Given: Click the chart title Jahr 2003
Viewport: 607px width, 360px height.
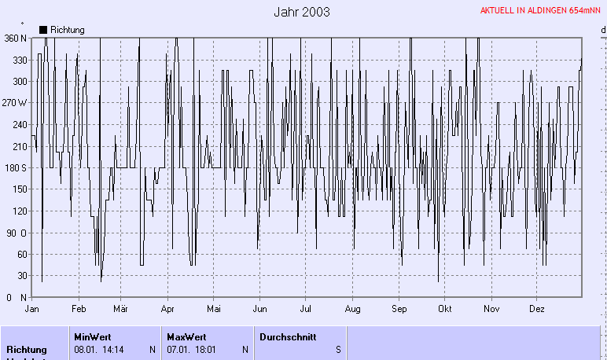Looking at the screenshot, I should point(302,12).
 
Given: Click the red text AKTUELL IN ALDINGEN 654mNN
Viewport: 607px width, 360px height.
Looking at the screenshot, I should point(541,11).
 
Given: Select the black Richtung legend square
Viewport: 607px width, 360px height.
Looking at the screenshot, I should point(42,29).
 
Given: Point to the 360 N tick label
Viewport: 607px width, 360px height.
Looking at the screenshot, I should point(15,38).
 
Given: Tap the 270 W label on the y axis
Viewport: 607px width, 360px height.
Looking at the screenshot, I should point(14,103).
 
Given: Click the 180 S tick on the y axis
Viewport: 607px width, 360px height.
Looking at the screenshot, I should point(15,167).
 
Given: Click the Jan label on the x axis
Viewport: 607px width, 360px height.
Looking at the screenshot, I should point(32,309).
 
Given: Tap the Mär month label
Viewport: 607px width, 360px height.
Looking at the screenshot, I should point(121,309).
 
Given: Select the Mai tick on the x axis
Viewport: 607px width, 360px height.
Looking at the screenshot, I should point(213,309).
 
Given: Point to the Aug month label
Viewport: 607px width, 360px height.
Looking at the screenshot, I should point(352,309).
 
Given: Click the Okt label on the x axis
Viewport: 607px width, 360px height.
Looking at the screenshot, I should point(446,309).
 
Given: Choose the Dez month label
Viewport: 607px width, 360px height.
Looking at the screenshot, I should point(537,309).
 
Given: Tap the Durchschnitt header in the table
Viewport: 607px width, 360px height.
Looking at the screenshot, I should point(287,336).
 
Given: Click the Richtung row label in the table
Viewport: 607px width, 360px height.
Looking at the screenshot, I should point(27,349).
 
